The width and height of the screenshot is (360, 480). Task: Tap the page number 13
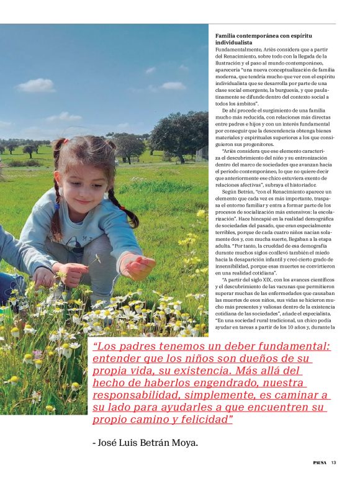click(x=333, y=462)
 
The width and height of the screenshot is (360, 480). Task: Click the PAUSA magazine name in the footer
click(x=319, y=462)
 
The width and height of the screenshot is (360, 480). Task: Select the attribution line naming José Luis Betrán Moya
click(x=145, y=443)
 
